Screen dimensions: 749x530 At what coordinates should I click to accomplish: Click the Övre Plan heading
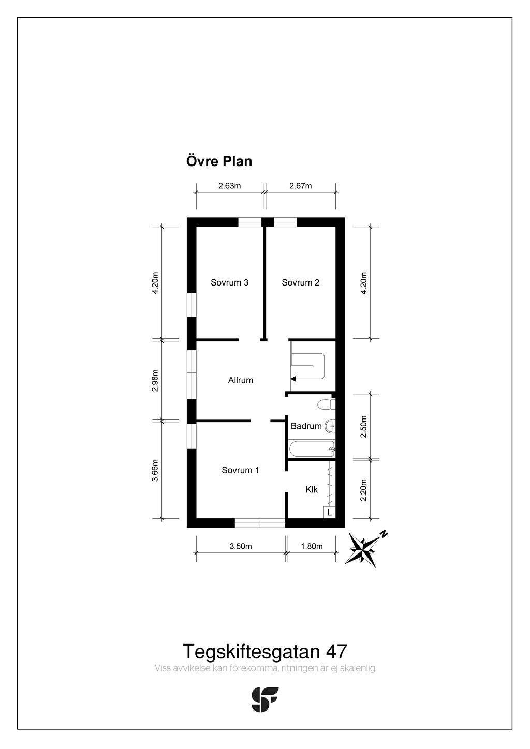[219, 161]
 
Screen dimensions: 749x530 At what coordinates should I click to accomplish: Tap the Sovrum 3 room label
[229, 282]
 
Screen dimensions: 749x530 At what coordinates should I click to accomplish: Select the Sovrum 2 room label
[300, 282]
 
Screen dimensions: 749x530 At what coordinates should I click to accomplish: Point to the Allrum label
[241, 380]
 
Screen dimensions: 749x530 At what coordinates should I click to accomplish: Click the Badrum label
[306, 426]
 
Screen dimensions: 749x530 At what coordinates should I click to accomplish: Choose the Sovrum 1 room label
[240, 470]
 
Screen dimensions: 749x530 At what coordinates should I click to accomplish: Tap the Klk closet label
[312, 489]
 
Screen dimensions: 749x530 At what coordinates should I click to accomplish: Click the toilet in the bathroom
[326, 404]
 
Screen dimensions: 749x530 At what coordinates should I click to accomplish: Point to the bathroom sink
[330, 426]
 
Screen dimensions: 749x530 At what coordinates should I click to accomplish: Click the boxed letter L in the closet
[329, 512]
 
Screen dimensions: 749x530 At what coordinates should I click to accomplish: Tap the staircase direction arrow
[293, 379]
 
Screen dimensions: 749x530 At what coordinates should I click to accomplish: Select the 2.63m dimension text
[229, 186]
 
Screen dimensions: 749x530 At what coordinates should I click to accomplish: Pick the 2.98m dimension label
[155, 380]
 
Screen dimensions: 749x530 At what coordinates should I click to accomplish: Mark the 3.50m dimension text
[240, 546]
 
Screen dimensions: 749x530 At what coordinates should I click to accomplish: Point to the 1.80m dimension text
[312, 546]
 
